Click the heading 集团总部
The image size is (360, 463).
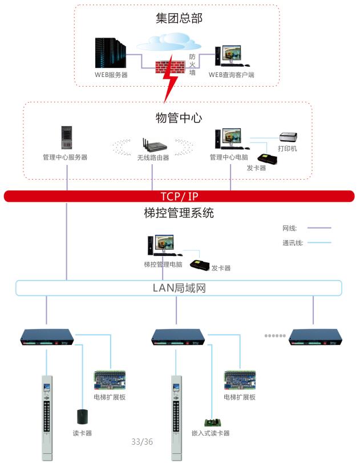(x=179, y=18)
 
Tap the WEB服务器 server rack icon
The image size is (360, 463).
(x=111, y=53)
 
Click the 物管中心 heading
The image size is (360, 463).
(x=179, y=118)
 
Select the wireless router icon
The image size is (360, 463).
(x=152, y=145)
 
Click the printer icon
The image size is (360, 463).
(x=288, y=137)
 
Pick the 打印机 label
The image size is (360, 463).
(x=287, y=148)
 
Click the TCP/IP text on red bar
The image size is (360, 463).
(x=179, y=197)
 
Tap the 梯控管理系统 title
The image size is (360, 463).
(x=179, y=214)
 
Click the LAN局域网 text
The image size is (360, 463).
(x=179, y=288)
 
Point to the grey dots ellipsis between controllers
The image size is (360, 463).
(x=275, y=336)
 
